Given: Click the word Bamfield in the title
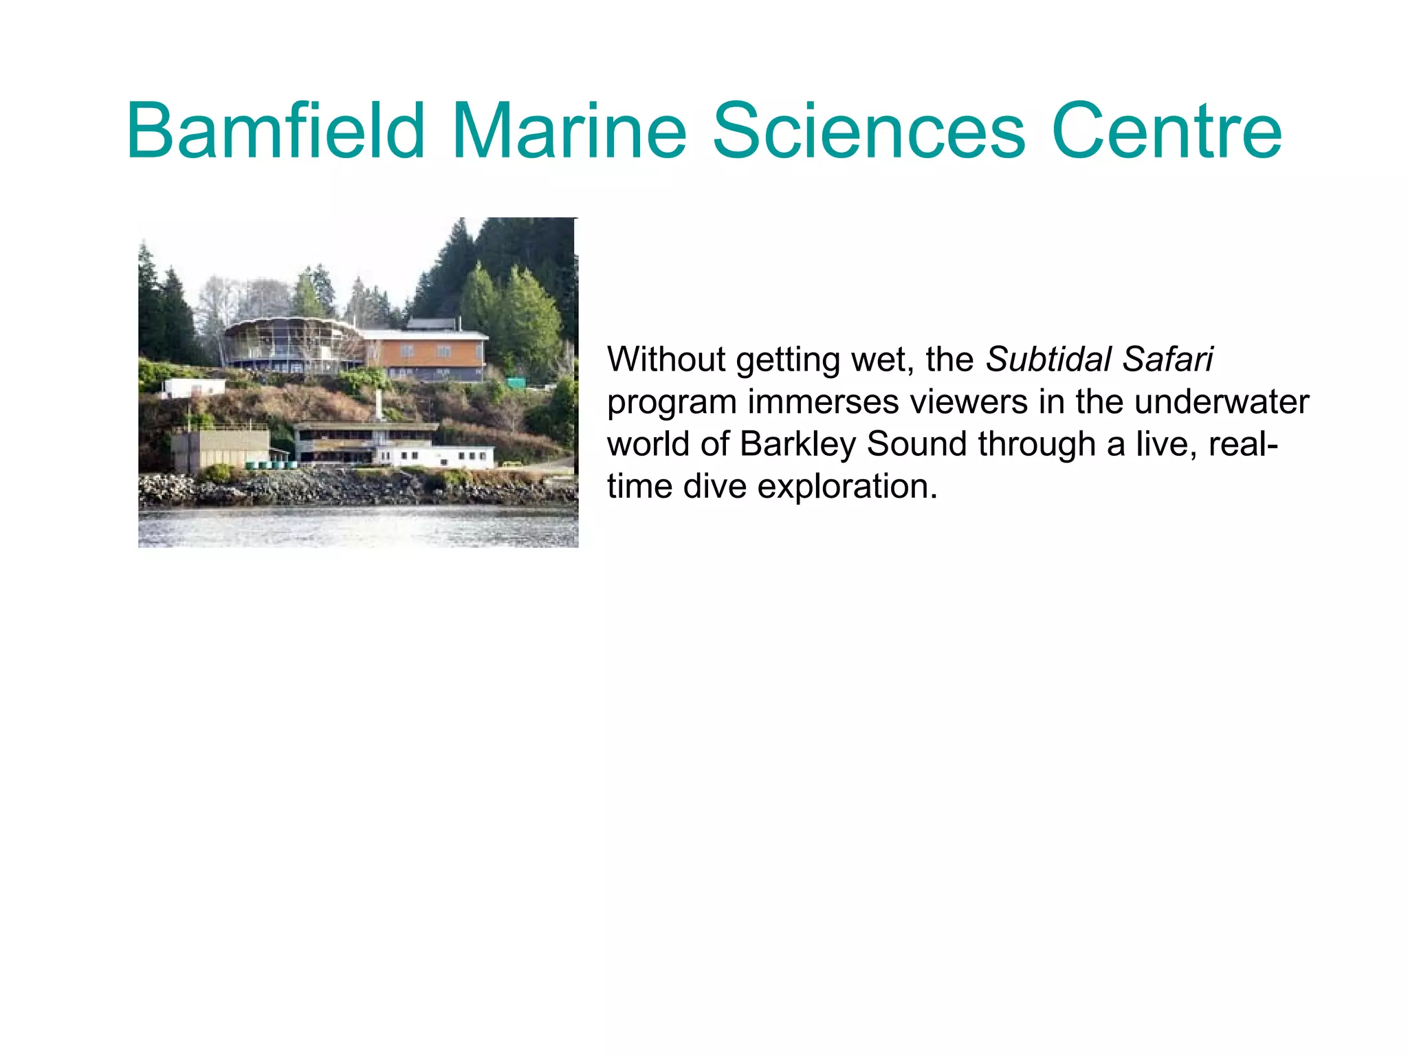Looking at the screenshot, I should tap(276, 131).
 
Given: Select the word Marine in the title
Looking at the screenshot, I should tap(569, 131).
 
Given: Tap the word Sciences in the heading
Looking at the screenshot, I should tap(868, 131).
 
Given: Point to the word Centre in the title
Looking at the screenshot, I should tap(1166, 131).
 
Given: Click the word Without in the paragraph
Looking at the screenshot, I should tap(666, 360).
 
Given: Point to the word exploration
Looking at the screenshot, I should tap(848, 487).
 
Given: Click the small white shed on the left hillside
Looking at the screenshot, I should tap(193, 387).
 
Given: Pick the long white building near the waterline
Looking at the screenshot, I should tap(434, 455).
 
